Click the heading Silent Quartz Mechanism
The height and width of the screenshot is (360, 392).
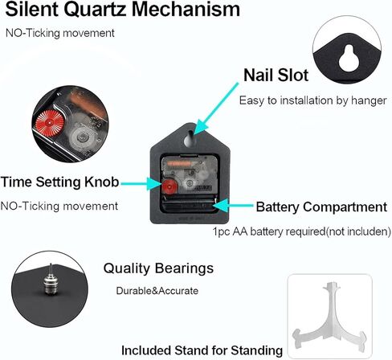coord(122,10)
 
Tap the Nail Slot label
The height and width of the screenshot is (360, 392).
coord(276,75)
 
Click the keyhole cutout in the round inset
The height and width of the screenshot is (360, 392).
coord(349,58)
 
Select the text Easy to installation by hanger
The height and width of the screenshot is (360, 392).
coord(312,100)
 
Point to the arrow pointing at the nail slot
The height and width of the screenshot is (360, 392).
coord(215,108)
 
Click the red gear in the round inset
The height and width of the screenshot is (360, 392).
coord(50,124)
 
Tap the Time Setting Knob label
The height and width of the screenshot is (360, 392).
coord(59,182)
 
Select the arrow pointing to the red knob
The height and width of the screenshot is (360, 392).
coord(141,184)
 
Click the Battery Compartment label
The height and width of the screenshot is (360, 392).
coord(321,207)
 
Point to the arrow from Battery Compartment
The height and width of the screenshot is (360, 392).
coord(233,206)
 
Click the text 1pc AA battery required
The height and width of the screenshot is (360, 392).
coord(268,231)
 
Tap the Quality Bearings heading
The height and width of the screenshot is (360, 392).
coord(158,268)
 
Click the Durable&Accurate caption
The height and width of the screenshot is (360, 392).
coord(157,291)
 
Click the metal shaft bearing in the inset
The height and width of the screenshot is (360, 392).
coord(51,281)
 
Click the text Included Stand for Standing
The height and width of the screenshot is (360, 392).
coord(202,350)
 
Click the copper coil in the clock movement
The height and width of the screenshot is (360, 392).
coord(179,163)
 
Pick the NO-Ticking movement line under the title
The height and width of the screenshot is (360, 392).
coord(60,33)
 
